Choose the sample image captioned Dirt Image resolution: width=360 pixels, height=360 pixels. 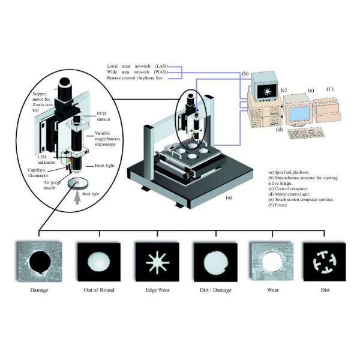point(325,262)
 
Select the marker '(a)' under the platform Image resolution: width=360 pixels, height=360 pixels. point(227,196)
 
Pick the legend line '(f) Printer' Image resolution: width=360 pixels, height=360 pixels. point(281,205)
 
